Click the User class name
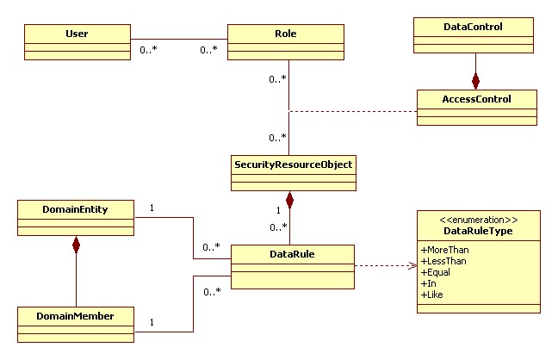tap(77, 34)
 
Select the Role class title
tap(285, 34)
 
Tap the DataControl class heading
tap(473, 27)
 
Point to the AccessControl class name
tap(476, 99)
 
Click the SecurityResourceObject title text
tap(294, 164)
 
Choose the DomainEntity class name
tap(75, 209)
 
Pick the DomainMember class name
tap(75, 316)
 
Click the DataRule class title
tap(292, 254)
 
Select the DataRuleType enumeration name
tap(478, 231)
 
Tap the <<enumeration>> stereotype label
tap(479, 220)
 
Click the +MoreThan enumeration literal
tap(445, 250)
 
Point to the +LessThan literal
tap(443, 261)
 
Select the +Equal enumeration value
tap(436, 272)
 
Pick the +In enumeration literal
tap(429, 284)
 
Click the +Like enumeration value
tap(432, 295)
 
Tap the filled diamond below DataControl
tap(475, 81)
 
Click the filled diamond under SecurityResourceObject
tap(289, 200)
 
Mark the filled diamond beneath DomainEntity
tap(76, 245)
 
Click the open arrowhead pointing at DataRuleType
tap(412, 265)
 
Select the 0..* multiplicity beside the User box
tap(148, 50)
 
